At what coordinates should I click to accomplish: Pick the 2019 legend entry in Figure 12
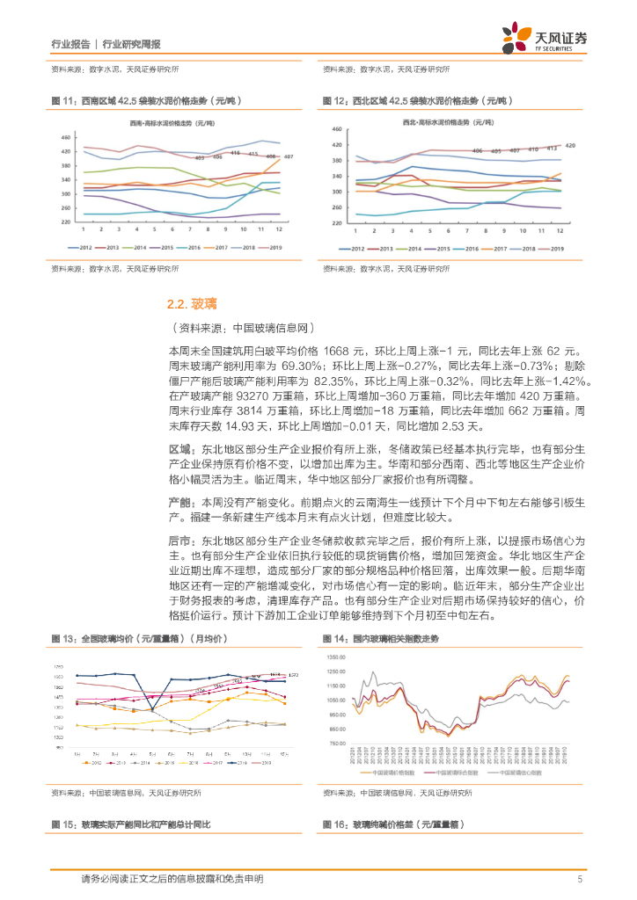553,249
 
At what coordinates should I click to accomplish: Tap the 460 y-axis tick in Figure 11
66,137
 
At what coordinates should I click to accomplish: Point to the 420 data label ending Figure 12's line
569,145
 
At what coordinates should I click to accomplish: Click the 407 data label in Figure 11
288,156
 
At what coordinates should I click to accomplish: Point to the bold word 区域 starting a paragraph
179,448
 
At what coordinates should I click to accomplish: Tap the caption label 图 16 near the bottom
334,824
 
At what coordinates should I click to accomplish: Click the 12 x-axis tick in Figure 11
279,230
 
